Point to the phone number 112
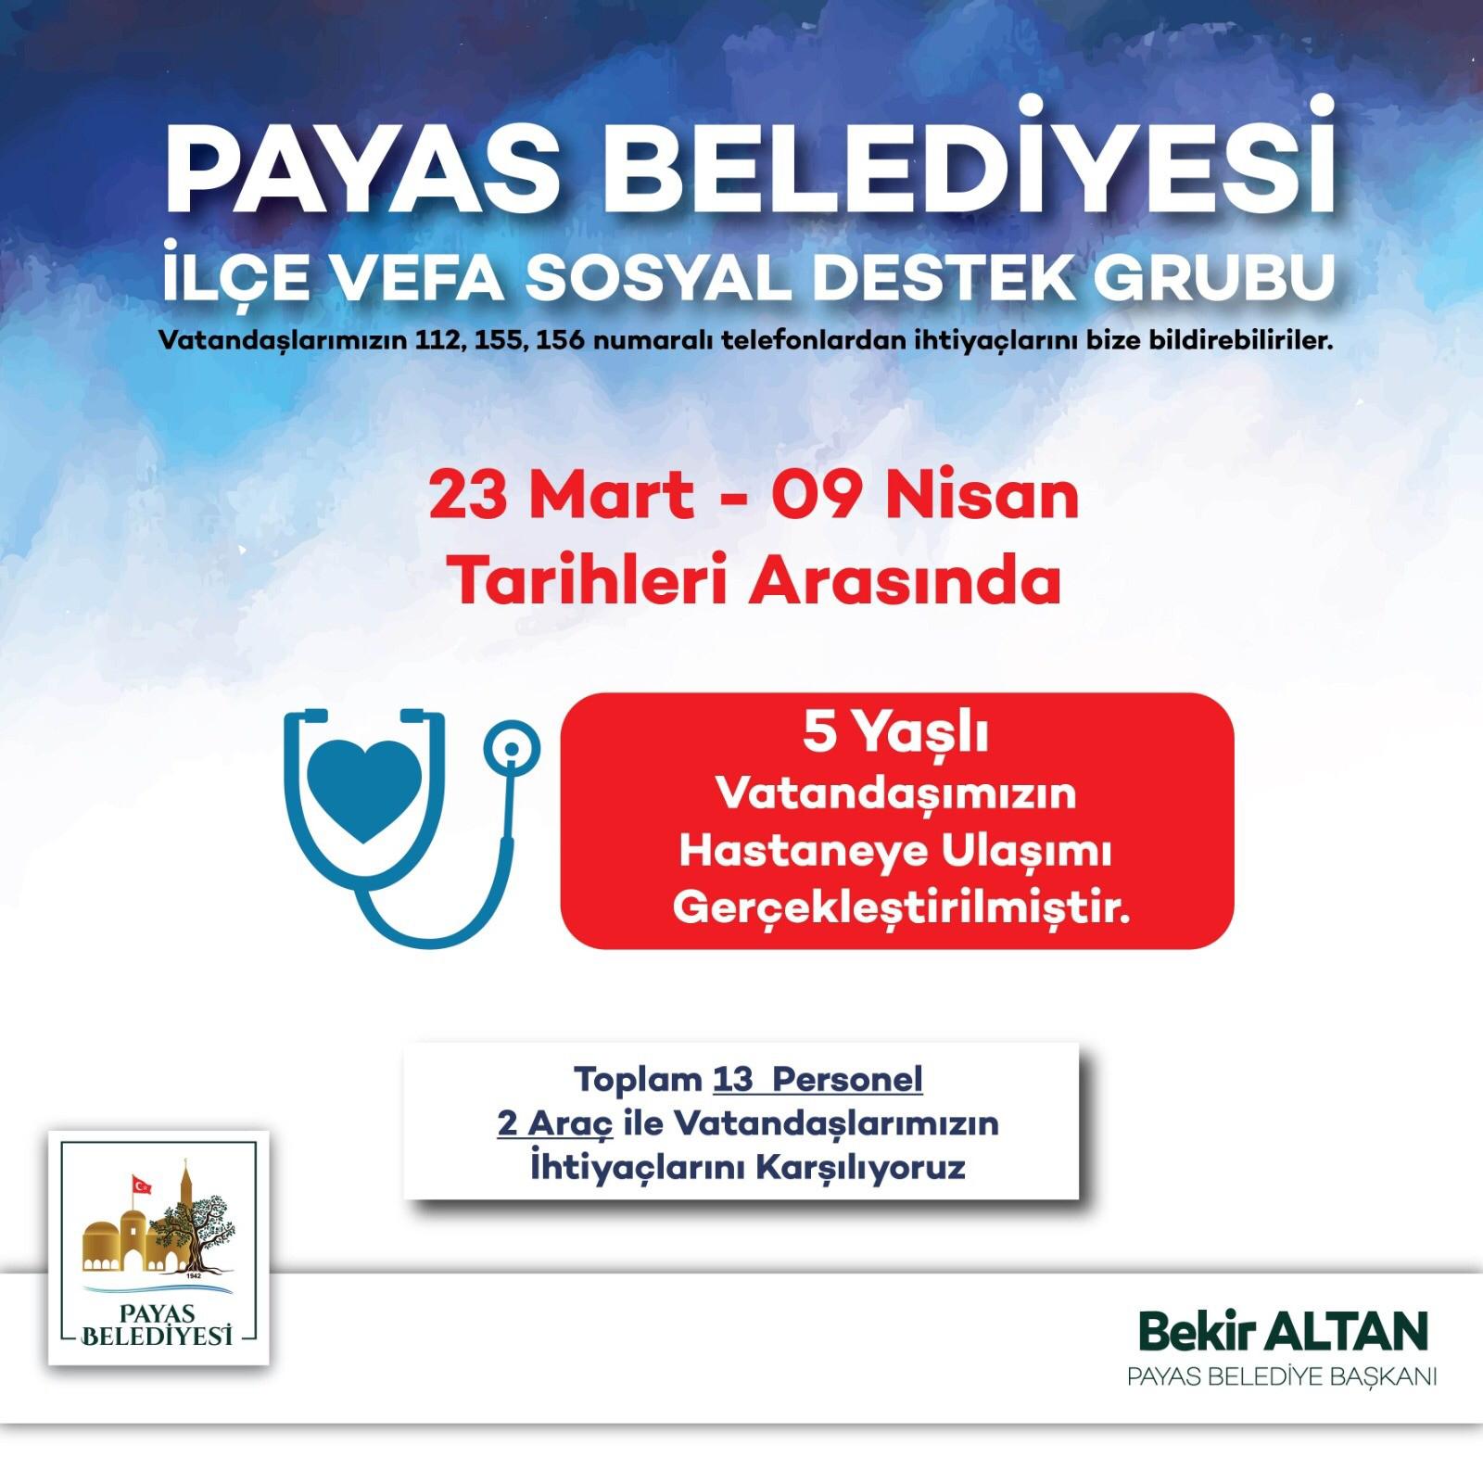(x=438, y=340)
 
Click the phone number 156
(x=560, y=340)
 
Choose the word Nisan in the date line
(x=982, y=496)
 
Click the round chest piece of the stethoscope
(x=511, y=746)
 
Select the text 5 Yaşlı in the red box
(x=895, y=734)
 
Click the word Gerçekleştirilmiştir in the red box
(x=901, y=907)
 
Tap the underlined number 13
(x=733, y=1079)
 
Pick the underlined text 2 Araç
(x=555, y=1123)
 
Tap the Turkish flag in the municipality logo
(x=141, y=1185)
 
